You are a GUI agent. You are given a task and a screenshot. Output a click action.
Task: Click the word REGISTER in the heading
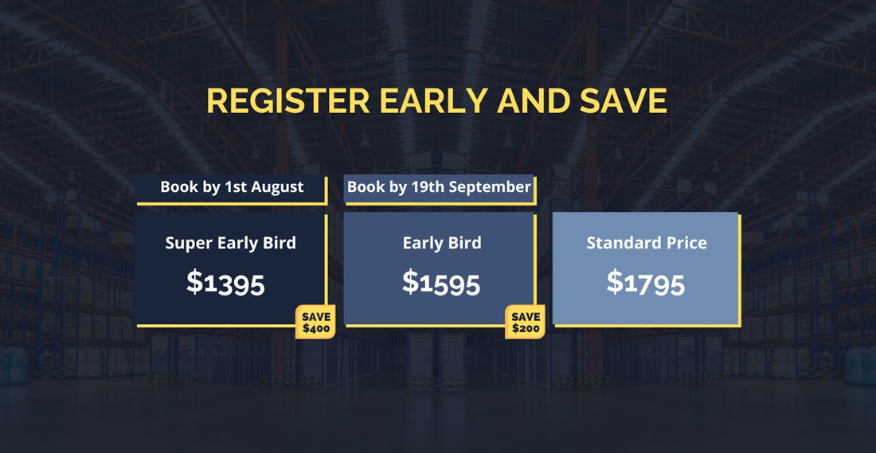tap(288, 101)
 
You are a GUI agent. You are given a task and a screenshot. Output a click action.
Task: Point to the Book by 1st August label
tap(232, 186)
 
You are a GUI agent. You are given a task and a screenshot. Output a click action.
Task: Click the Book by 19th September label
tap(439, 186)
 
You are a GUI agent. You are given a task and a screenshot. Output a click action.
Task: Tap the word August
tap(277, 187)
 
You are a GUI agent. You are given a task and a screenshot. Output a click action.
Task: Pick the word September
tap(490, 187)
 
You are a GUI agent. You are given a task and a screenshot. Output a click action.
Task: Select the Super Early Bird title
tap(231, 244)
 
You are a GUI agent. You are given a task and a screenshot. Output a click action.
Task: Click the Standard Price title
tap(647, 243)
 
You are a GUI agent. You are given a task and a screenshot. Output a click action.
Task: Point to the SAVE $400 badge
tap(315, 322)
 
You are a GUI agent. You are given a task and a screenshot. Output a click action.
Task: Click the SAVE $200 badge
tap(525, 322)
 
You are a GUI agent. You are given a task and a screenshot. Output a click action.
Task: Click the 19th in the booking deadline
tap(428, 186)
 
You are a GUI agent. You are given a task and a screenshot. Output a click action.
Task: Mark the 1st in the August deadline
tap(236, 186)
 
